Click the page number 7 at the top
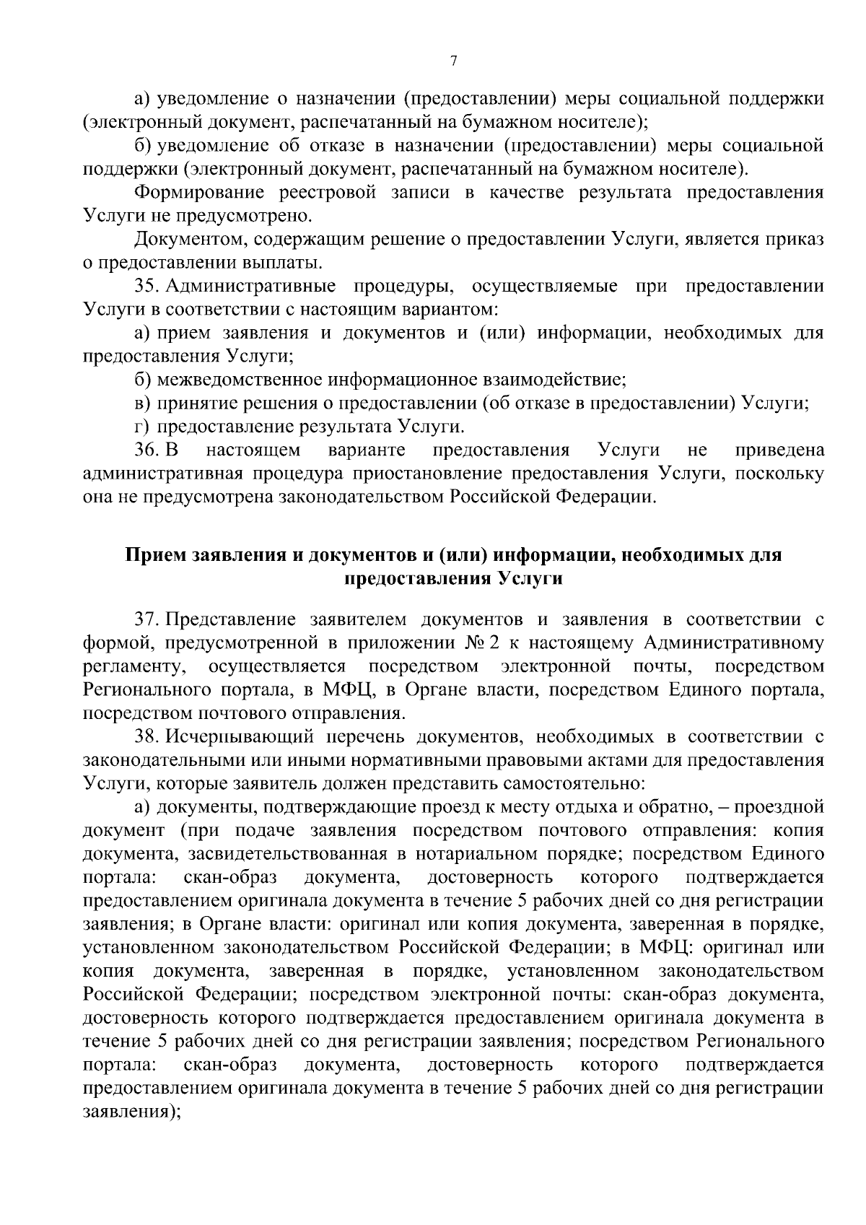coord(453,62)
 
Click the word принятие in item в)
coord(193,403)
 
